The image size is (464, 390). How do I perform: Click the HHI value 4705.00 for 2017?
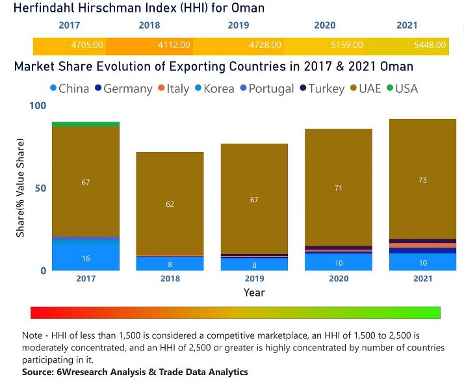click(x=87, y=45)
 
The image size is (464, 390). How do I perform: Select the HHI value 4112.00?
click(x=174, y=45)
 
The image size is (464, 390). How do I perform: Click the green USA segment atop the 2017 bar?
click(x=86, y=124)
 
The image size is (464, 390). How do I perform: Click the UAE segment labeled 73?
click(x=422, y=179)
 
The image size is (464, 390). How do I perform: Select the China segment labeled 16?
click(x=86, y=258)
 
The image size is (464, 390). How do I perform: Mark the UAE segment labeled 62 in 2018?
click(x=170, y=203)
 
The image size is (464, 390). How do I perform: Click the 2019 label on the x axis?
click(x=254, y=278)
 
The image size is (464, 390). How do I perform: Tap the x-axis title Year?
click(x=254, y=292)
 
